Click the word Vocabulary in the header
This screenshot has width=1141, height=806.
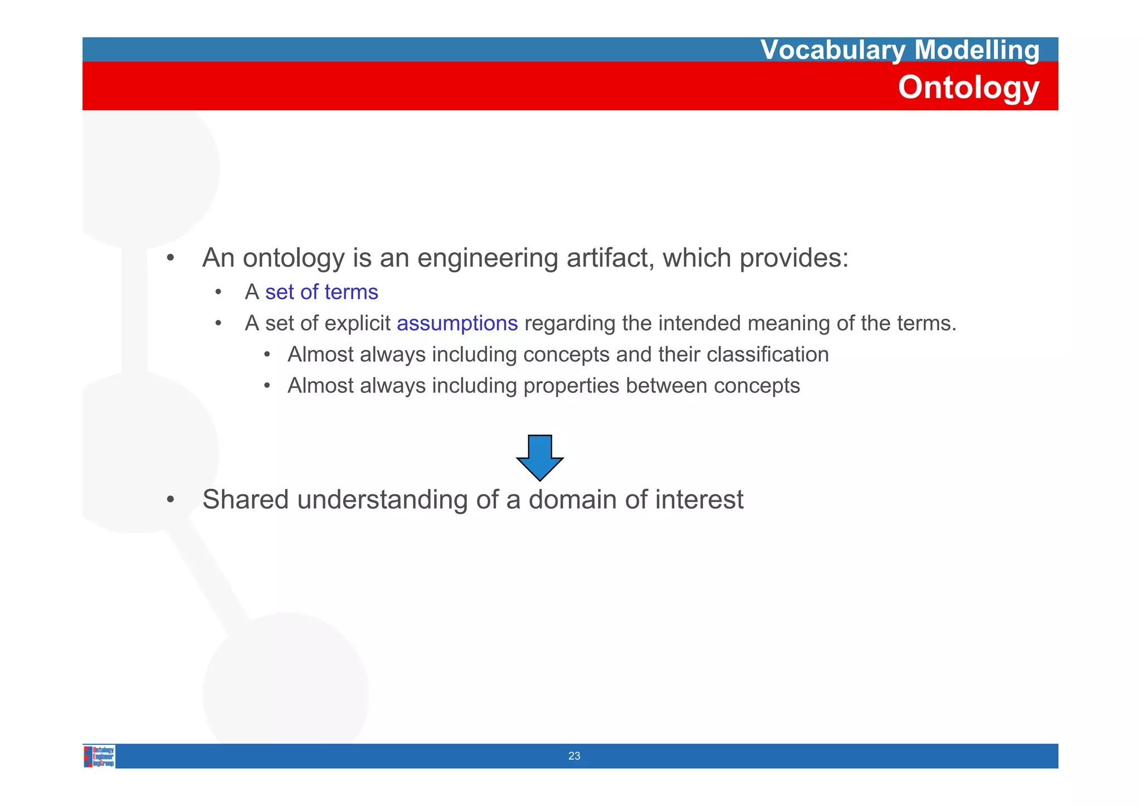[x=833, y=50]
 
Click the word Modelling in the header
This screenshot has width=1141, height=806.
[x=977, y=50]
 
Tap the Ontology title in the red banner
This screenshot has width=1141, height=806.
[x=968, y=87]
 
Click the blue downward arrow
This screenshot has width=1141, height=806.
[x=539, y=457]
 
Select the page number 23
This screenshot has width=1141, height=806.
[x=574, y=756]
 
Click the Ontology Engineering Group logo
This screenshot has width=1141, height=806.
[x=99, y=756]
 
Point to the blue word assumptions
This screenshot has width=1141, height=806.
[x=457, y=323]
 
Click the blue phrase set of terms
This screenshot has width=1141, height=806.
[x=321, y=292]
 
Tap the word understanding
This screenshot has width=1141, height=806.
[x=382, y=499]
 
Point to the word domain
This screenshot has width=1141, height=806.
[x=573, y=499]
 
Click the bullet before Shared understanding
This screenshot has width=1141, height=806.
[x=170, y=500]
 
